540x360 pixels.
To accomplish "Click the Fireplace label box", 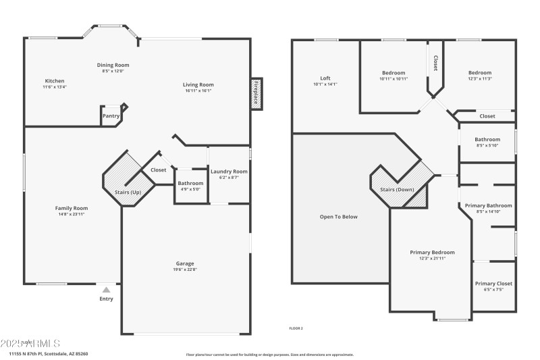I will (x=256, y=93).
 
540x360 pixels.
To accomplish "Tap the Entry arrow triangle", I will (x=106, y=290).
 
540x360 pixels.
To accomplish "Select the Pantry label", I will (x=111, y=115).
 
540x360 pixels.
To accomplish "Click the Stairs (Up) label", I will (x=128, y=192).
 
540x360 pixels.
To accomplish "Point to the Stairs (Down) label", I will (x=397, y=189).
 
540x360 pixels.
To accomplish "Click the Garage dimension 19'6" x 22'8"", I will (x=185, y=269).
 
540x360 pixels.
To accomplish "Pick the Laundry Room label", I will (x=229, y=172).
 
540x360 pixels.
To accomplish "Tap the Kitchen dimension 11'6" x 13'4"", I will (x=55, y=86).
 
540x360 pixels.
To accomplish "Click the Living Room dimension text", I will (x=198, y=91).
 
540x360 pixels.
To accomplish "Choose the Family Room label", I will (x=72, y=208).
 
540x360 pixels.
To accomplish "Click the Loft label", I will (x=325, y=78).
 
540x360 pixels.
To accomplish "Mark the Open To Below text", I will (x=339, y=217).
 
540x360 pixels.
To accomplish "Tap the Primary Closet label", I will (x=493, y=284).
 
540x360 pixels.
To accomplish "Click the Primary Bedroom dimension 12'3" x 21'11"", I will (x=432, y=258).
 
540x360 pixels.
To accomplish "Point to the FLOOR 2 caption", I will (x=296, y=328).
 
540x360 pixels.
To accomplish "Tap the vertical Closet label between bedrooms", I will (x=435, y=63).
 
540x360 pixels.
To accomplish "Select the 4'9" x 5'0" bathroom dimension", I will (x=190, y=189).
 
